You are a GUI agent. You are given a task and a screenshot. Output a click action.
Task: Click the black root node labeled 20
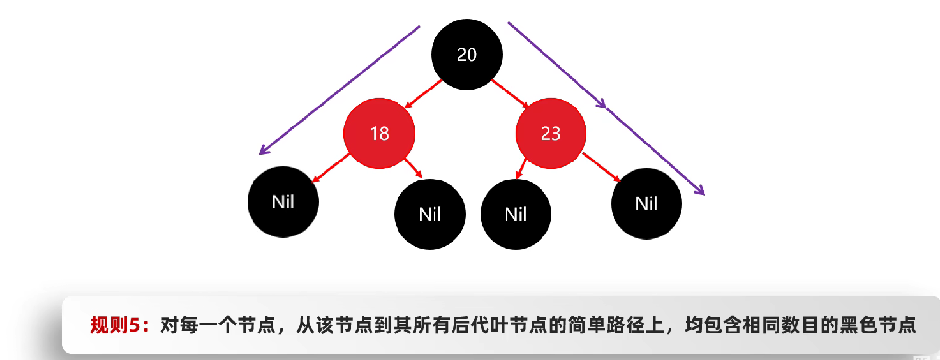coord(467,54)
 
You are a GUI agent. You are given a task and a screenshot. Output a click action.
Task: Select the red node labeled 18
coord(379,133)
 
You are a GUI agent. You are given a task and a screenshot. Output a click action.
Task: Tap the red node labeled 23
coord(551,133)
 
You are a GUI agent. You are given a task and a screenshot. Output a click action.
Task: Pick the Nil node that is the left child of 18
coord(283,202)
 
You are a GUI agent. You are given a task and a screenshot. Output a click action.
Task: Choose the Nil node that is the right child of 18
coord(430,214)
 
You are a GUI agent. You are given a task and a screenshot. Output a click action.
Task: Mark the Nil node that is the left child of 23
coord(516,214)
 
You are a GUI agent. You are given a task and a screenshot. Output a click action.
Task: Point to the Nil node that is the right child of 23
coord(646,204)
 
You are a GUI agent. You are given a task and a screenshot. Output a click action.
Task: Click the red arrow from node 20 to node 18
coord(423,94)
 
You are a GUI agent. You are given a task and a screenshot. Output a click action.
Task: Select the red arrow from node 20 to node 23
coord(510,93)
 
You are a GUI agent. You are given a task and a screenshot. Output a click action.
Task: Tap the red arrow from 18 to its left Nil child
coord(331,168)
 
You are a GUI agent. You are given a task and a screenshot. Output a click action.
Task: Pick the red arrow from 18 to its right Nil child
coord(413,167)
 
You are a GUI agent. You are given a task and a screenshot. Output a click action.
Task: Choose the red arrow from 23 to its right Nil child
coord(601,167)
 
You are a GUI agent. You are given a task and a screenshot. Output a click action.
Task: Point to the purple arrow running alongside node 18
coord(340,90)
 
